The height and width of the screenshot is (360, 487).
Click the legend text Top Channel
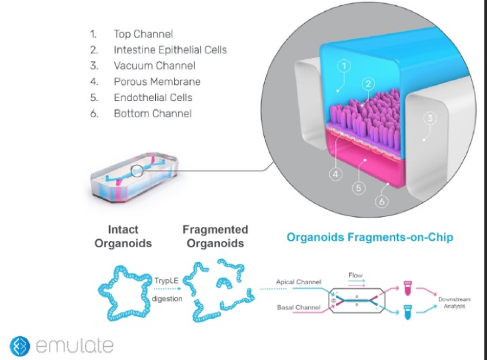point(143,34)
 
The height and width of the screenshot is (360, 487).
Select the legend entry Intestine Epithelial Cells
point(170,49)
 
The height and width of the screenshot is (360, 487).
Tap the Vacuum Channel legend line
point(154,65)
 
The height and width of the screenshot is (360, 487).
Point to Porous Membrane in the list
point(157,82)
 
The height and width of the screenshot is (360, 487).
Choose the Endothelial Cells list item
point(153,98)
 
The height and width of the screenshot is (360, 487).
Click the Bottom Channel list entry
point(153,113)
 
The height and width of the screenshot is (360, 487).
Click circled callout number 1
point(344,65)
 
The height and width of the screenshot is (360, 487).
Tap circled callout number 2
point(368,84)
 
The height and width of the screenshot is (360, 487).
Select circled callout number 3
point(430,118)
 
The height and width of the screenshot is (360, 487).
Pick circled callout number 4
point(336,175)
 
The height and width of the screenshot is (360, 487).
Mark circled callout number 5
point(359,188)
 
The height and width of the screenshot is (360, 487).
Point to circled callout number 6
point(381,201)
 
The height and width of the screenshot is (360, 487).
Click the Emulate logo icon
point(20,345)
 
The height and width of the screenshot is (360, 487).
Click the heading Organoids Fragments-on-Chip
point(370,237)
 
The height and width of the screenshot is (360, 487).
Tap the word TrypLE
point(166,281)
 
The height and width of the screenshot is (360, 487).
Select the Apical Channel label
point(298,282)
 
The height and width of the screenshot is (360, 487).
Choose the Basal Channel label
point(298,307)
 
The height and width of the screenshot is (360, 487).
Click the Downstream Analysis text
point(454,303)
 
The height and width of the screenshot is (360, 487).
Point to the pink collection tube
point(407,288)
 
